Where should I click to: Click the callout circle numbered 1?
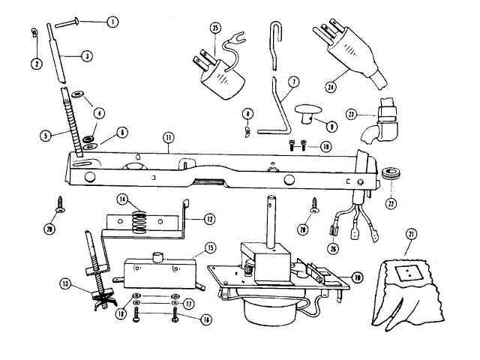point(112,22)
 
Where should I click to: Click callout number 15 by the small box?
point(210,247)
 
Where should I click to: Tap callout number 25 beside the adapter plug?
point(215,28)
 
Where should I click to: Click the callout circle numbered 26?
point(334,250)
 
